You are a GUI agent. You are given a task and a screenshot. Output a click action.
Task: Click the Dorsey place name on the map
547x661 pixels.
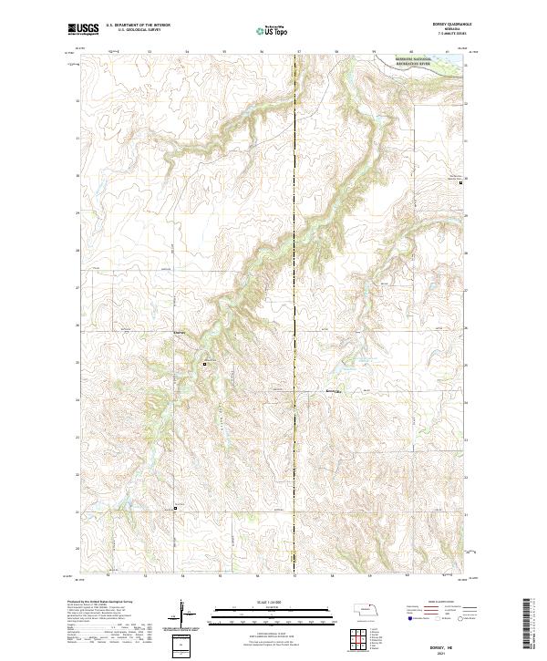pos(180,333)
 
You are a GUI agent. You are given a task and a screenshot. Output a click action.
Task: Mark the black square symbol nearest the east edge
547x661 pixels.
pos(460,182)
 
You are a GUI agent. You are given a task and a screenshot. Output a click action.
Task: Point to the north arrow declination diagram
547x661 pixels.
pos(183,619)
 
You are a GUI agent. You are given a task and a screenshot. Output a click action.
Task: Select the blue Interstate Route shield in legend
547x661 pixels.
pos(408,619)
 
